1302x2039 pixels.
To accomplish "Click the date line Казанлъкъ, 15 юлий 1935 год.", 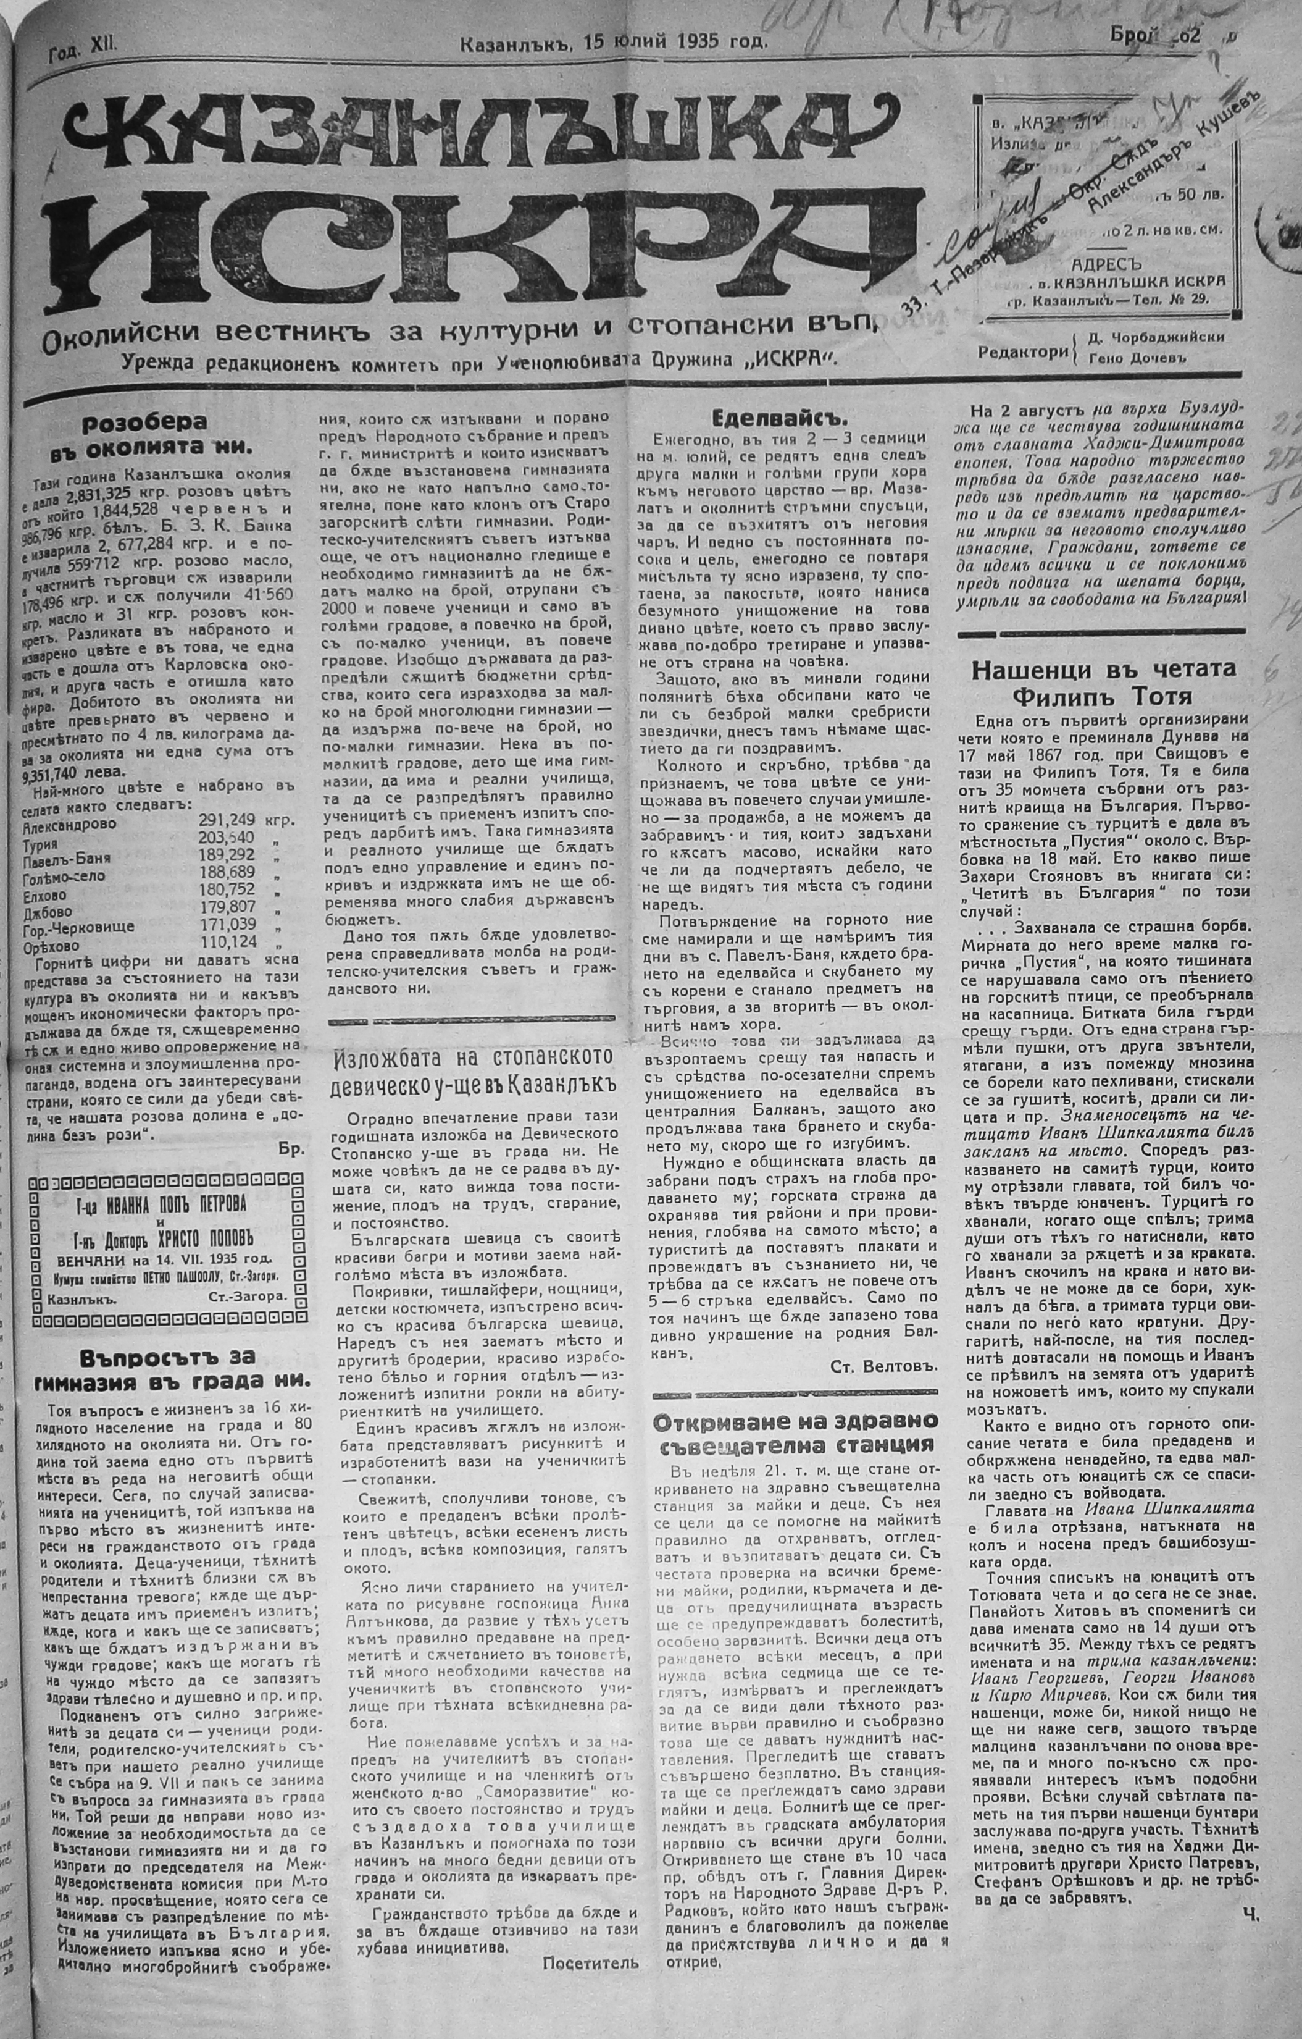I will click(614, 41).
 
